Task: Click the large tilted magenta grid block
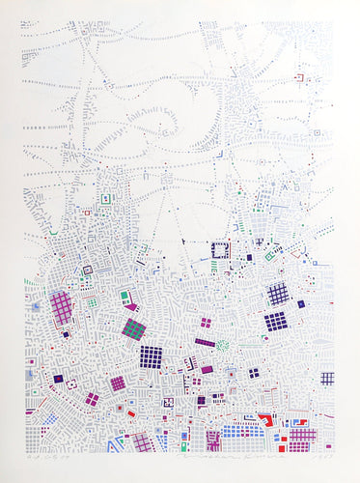tap(62, 307)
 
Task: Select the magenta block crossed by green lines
tap(133, 329)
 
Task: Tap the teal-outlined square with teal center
tap(125, 297)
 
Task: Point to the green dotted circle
tap(224, 345)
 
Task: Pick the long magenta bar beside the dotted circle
tap(205, 342)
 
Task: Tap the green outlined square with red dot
tap(271, 256)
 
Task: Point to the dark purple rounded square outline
tap(87, 270)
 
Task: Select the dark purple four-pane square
tap(254, 373)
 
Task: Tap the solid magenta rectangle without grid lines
tap(208, 369)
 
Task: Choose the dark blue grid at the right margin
tap(327, 378)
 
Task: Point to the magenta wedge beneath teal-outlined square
tap(128, 308)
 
